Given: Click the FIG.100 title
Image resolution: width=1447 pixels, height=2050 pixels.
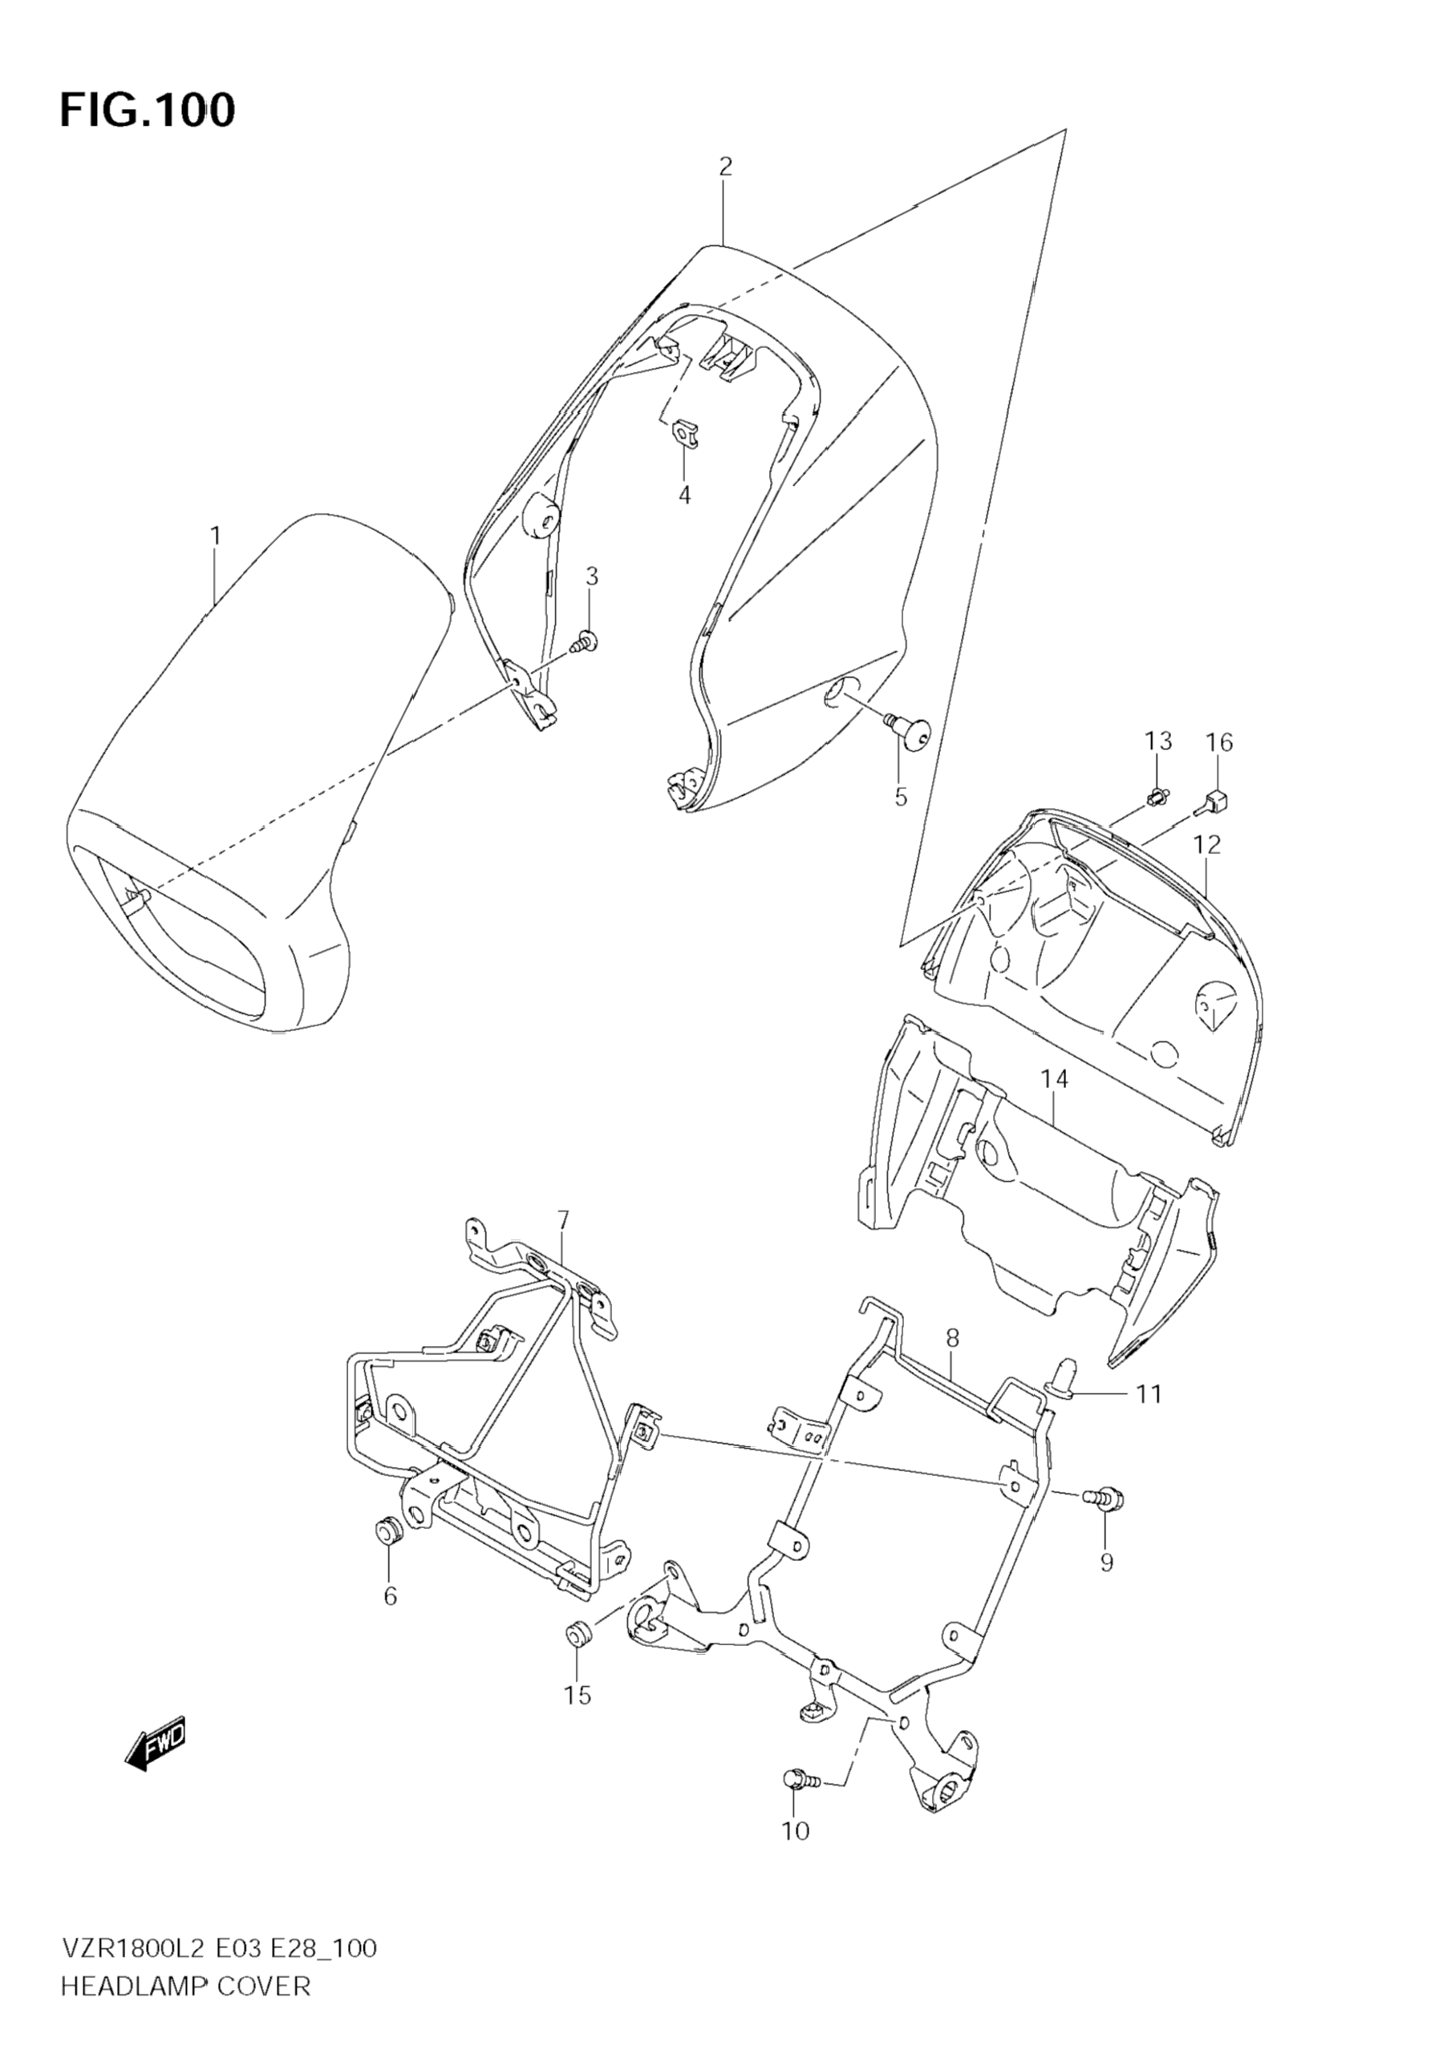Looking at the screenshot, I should click(148, 111).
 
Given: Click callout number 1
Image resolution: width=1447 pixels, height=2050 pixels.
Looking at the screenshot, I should click(215, 536).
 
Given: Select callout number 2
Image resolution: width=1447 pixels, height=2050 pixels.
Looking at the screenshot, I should click(724, 166).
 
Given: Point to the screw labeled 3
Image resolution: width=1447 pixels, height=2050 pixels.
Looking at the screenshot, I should click(586, 641).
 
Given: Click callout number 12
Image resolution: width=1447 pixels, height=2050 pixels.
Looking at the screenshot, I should click(1206, 843).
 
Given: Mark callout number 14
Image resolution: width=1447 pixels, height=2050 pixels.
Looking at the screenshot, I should click(1054, 1079).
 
